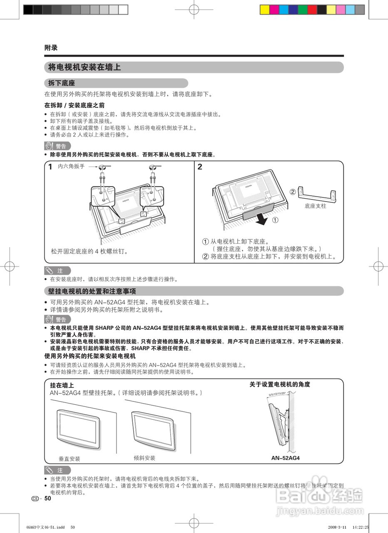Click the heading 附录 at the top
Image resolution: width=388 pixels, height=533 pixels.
tap(51, 48)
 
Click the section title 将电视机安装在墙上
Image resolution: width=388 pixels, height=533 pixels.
tap(85, 67)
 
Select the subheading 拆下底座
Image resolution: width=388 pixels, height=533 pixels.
tap(61, 83)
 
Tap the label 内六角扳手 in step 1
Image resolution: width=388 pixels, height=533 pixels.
tap(71, 166)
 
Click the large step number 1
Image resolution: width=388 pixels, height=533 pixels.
tap(50, 167)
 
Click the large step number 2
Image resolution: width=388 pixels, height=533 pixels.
tap(200, 167)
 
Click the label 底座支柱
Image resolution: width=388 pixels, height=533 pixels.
tap(315, 206)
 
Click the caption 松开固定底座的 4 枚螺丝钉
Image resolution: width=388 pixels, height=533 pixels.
tap(89, 252)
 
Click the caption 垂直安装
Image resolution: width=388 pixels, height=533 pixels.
tap(69, 459)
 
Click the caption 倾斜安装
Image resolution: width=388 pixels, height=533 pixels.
tap(144, 458)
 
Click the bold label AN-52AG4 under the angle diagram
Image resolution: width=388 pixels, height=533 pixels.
tap(286, 458)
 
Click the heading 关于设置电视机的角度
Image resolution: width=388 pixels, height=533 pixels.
tap(279, 384)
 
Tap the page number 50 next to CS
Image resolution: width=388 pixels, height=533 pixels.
tap(48, 498)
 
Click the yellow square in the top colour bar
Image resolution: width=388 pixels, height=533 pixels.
tap(264, 10)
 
